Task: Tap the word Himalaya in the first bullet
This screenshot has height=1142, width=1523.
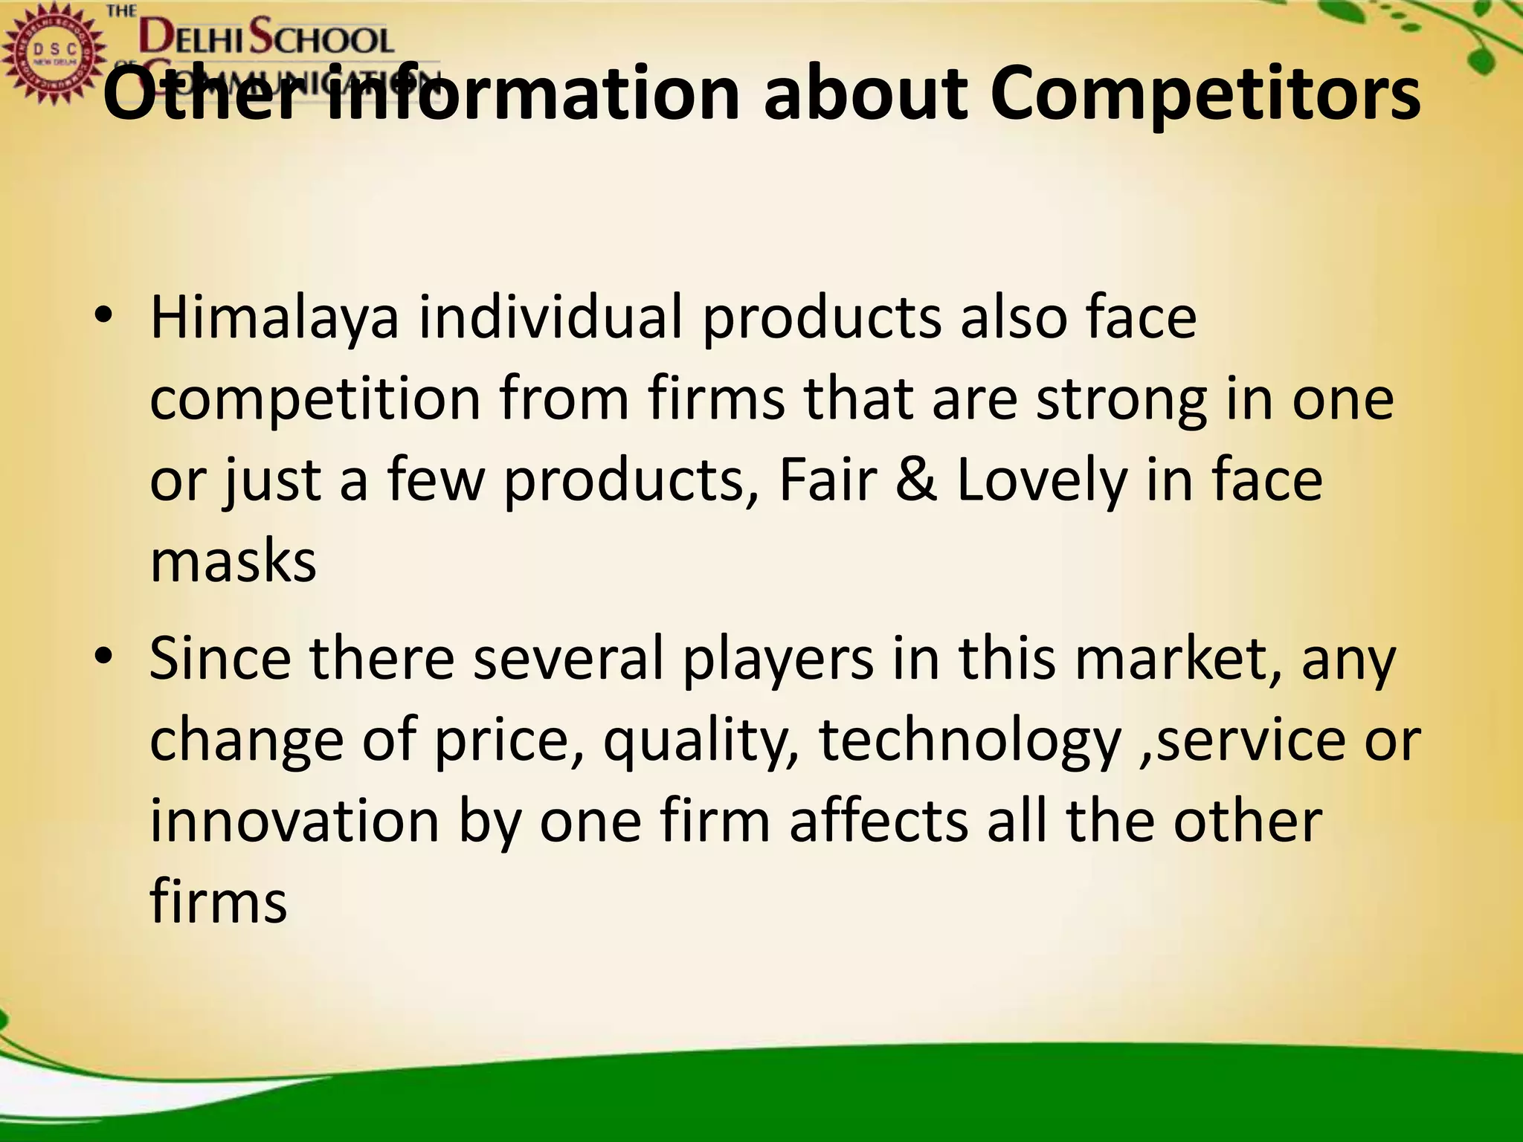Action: pyautogui.click(x=274, y=318)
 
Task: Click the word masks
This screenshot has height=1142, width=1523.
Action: pyautogui.click(x=233, y=561)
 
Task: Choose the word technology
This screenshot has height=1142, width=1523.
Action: pyautogui.click(x=969, y=741)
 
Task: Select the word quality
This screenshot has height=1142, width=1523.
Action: pyautogui.click(x=700, y=741)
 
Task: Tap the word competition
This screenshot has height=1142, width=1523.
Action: pyautogui.click(x=315, y=399)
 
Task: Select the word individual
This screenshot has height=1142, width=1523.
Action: pyautogui.click(x=550, y=318)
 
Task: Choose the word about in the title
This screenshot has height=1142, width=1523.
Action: pyautogui.click(x=866, y=95)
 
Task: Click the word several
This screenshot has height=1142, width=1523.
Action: pyautogui.click(x=567, y=659)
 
